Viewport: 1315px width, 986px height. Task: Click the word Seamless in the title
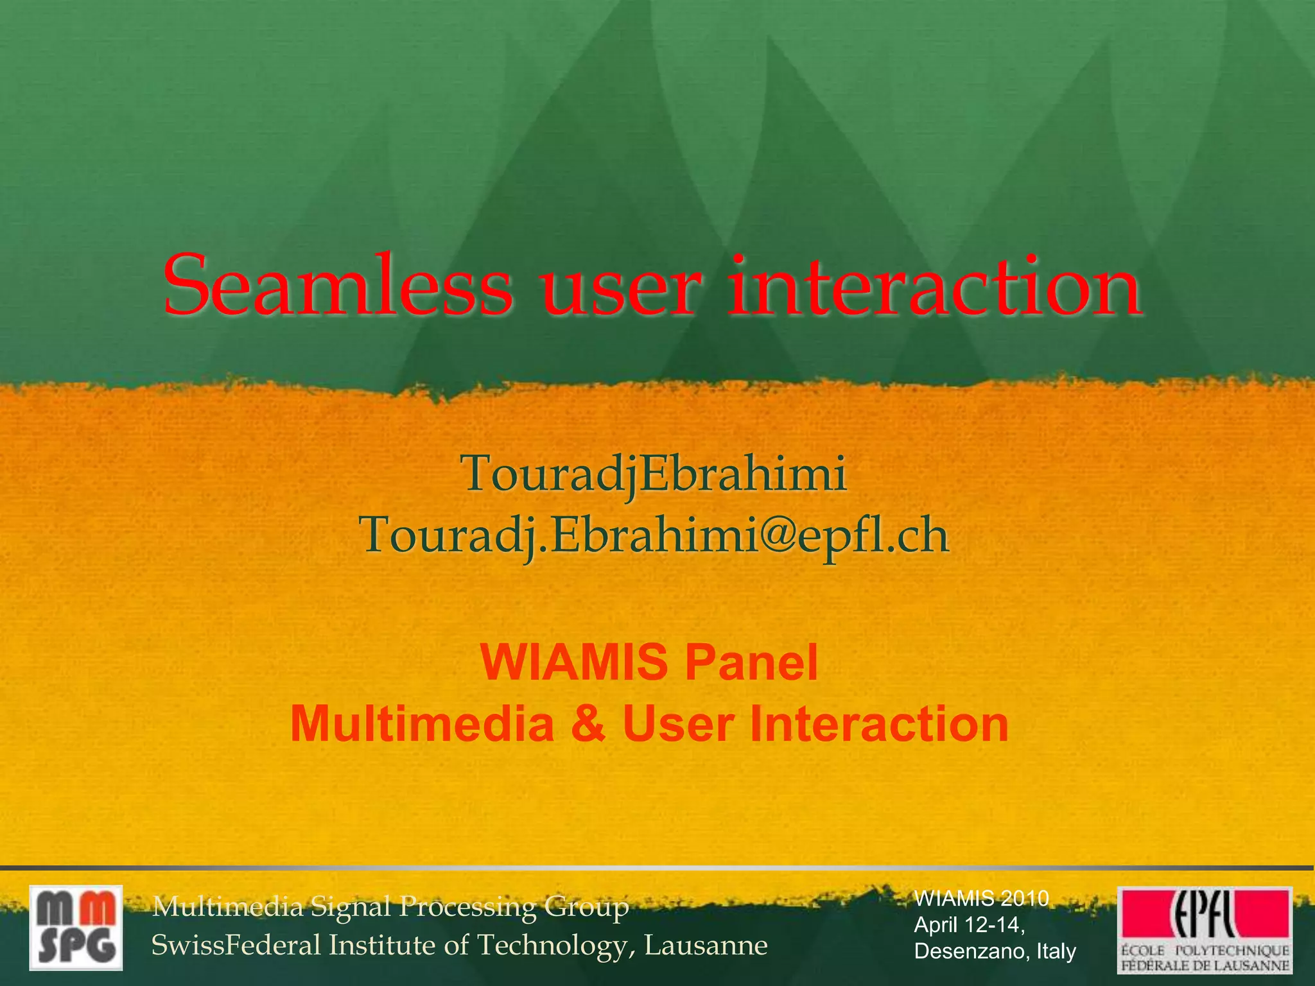click(338, 286)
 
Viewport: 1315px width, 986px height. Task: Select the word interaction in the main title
click(934, 286)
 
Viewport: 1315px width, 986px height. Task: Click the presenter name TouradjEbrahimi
click(653, 474)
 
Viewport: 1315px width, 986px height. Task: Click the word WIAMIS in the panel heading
click(573, 663)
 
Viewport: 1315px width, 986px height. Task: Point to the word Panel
click(751, 663)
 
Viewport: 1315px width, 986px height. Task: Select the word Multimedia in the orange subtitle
click(422, 724)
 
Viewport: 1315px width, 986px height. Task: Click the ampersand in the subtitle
click(587, 724)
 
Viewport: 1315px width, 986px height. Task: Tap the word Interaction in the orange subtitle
click(879, 724)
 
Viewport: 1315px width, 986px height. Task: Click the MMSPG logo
click(76, 928)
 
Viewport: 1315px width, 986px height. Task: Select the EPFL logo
click(1205, 929)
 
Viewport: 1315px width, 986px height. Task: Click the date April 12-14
click(969, 925)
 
